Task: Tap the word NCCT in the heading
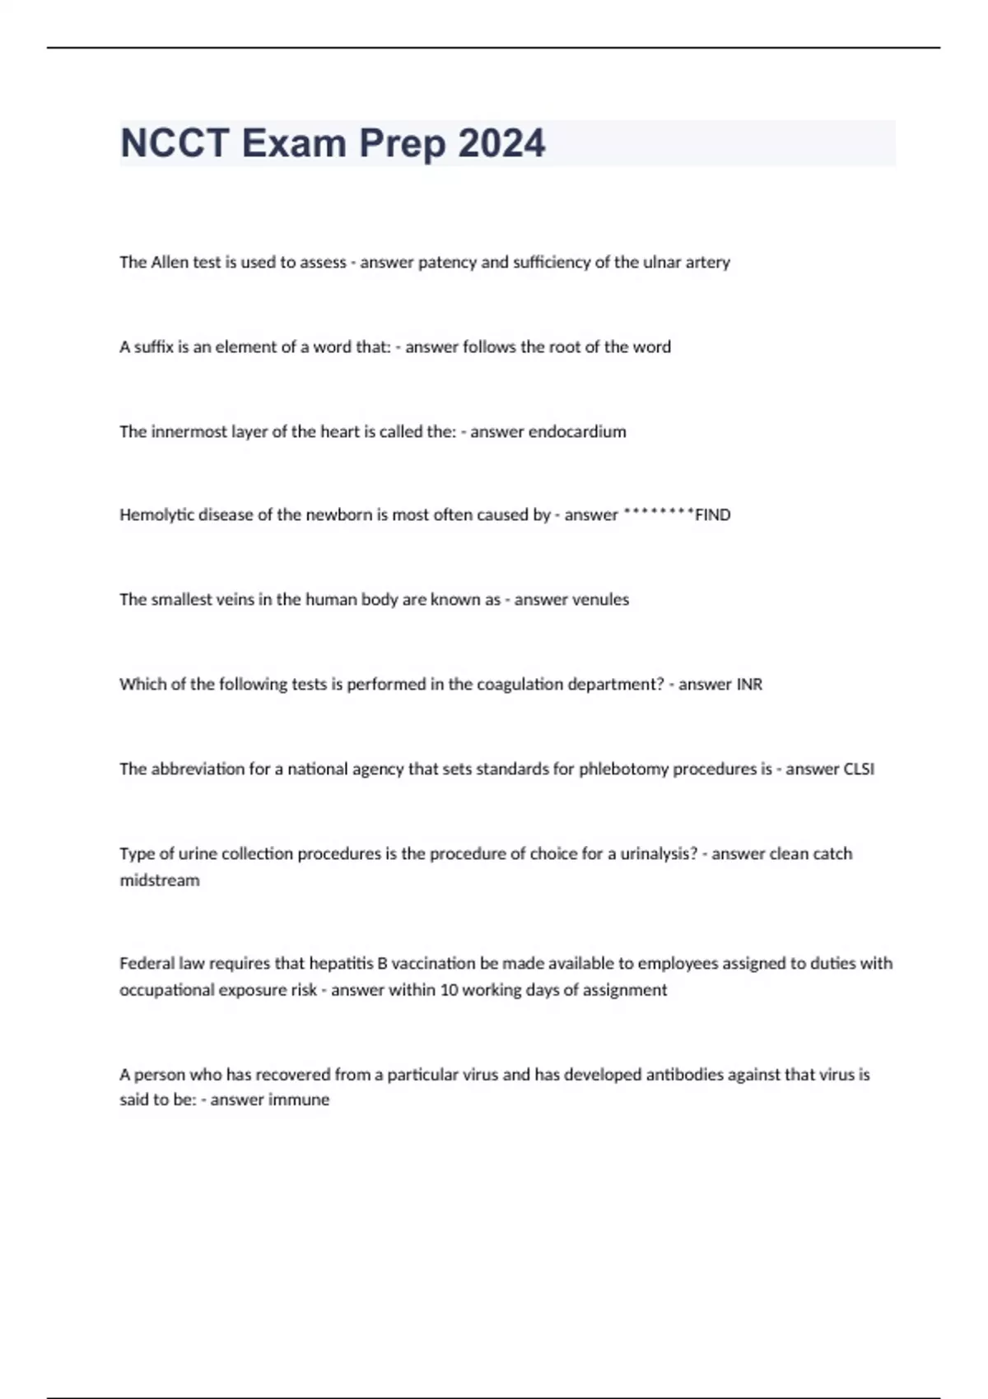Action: pos(175,143)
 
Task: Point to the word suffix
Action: pos(154,346)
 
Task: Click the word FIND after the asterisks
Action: pos(713,515)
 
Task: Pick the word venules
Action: pos(600,599)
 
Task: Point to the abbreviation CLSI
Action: pos(859,769)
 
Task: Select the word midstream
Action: pos(160,880)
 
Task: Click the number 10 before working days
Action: pos(449,989)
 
